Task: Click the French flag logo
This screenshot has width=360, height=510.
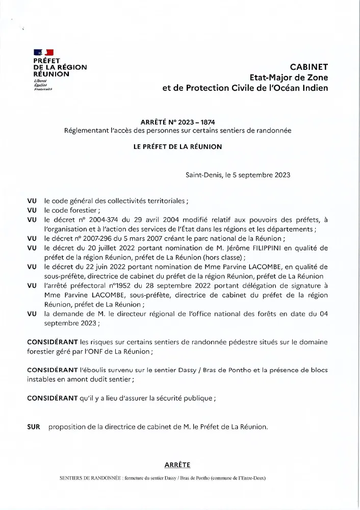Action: coord(43,52)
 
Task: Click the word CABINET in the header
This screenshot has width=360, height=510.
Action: coord(309,67)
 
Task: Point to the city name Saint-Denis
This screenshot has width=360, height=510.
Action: coord(203,174)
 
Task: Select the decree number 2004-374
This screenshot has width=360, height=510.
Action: coord(108,219)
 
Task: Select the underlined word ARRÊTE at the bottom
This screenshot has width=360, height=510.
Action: coord(177,465)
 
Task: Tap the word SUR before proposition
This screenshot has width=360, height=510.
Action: coord(33,426)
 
